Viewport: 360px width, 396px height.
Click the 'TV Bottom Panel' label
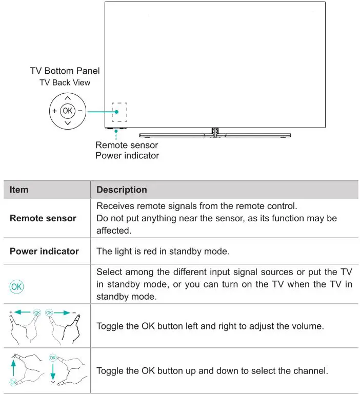[x=65, y=71]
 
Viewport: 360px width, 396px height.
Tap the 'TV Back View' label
[x=65, y=82]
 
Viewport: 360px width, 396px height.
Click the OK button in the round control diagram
[x=67, y=111]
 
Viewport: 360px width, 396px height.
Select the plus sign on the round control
[x=54, y=111]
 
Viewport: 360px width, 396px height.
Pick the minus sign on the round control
[x=81, y=111]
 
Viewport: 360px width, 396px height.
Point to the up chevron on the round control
[x=68, y=98]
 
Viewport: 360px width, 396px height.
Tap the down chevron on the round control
[x=68, y=123]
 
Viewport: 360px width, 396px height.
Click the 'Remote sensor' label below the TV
[x=127, y=145]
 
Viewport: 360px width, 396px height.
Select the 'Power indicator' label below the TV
[x=127, y=155]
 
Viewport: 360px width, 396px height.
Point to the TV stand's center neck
[x=215, y=132]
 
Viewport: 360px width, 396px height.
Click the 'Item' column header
[x=19, y=190]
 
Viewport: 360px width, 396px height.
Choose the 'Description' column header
[x=122, y=190]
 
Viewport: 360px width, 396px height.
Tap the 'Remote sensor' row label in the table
[x=43, y=218]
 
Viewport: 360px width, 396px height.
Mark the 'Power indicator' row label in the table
[x=44, y=251]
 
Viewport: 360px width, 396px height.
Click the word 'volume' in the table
[x=308, y=326]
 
